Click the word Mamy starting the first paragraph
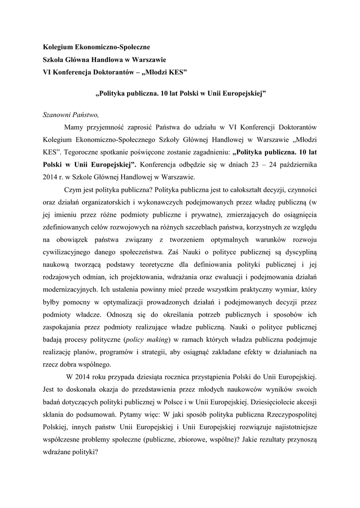(74, 127)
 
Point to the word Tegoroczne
(87, 152)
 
